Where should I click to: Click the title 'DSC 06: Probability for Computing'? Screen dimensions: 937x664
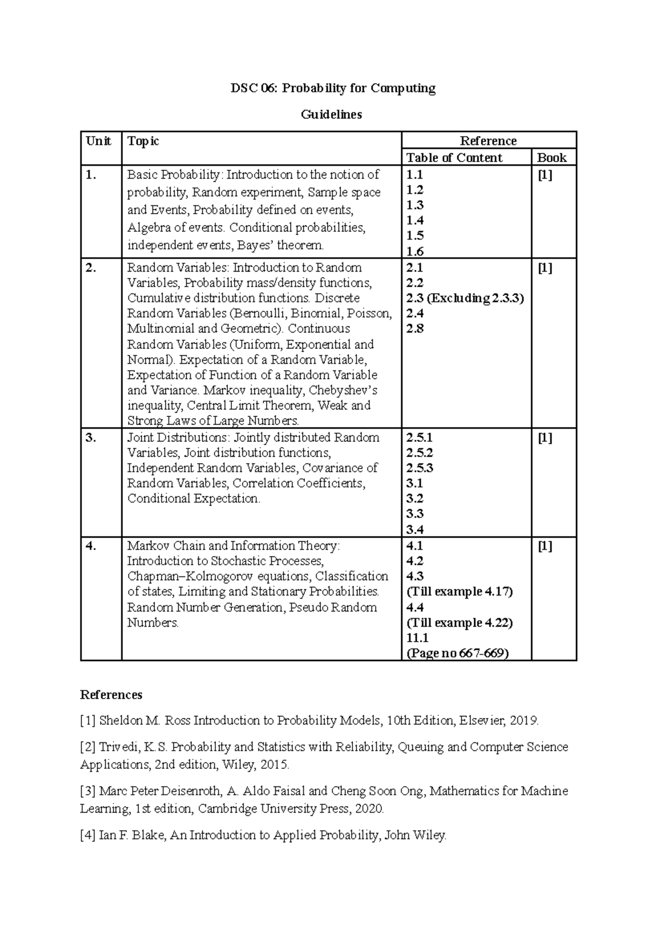tap(333, 88)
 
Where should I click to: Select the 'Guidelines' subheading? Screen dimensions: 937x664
tap(331, 114)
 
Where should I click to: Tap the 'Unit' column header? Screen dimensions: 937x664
tap(98, 141)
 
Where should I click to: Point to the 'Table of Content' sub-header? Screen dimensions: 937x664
tap(454, 158)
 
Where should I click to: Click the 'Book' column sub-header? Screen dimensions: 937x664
tap(551, 158)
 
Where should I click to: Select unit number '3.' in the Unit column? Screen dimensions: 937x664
tap(91, 438)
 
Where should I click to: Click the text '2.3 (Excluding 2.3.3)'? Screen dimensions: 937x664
tap(465, 298)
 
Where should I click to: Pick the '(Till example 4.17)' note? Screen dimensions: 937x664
tap(459, 592)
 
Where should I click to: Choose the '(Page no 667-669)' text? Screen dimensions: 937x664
tap(458, 653)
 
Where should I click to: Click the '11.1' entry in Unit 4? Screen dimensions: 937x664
tap(417, 638)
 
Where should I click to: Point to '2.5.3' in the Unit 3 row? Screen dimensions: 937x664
tap(419, 468)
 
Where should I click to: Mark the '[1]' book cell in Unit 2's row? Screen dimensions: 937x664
tap(545, 268)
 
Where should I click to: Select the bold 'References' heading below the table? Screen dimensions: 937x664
tap(111, 695)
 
